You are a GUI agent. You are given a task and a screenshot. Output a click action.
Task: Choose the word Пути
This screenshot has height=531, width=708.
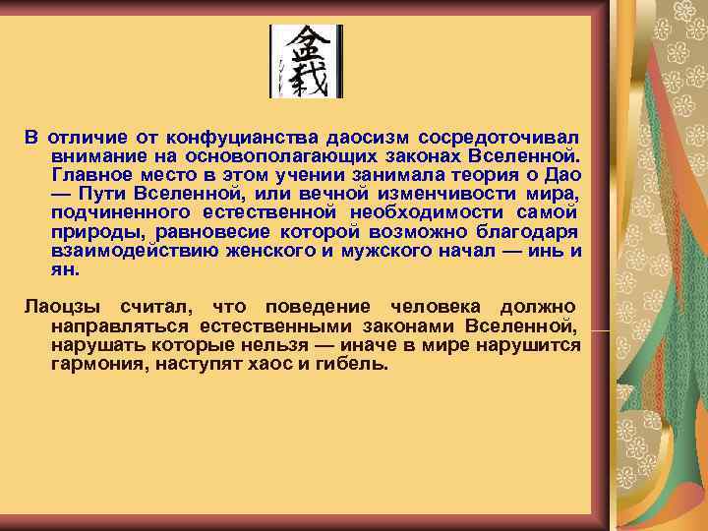109,193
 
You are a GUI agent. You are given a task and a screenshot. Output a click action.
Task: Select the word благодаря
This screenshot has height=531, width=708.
528,231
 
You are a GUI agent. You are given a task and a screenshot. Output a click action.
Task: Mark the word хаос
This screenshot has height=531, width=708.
269,365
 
